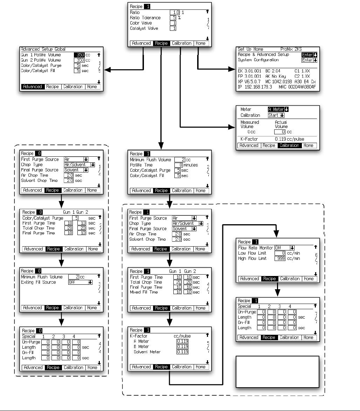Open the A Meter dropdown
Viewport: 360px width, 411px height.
278,109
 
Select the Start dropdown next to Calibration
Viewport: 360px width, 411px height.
276,115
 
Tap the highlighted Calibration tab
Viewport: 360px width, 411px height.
289,146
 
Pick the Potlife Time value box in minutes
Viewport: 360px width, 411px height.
179,165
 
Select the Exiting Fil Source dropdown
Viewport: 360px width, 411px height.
80,282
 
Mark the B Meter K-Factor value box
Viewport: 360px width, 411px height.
182,346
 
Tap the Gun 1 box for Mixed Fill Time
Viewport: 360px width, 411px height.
177,292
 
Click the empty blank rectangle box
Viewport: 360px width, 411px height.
277,372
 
